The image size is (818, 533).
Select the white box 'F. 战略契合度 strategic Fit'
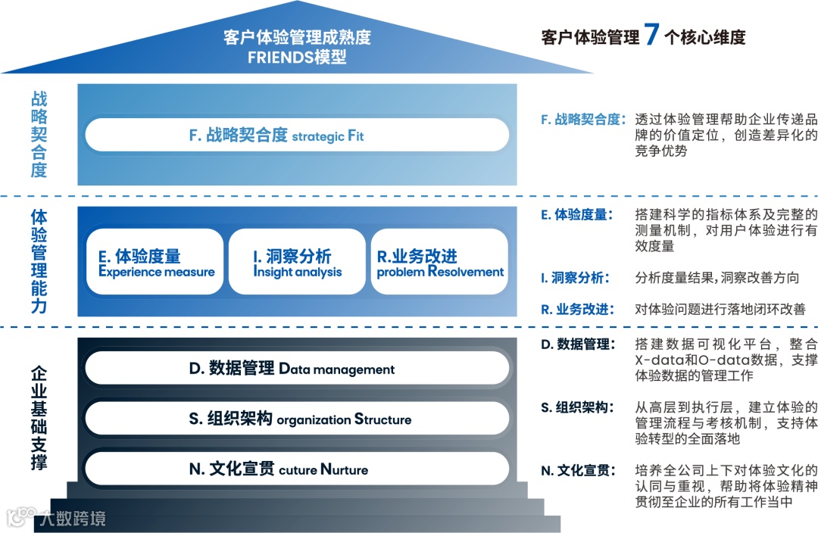click(297, 135)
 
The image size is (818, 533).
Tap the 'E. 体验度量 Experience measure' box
click(155, 262)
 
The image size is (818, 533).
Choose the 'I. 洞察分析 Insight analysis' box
click(298, 262)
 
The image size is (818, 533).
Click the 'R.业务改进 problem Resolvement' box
click(439, 262)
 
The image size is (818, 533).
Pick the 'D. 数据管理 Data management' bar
click(297, 369)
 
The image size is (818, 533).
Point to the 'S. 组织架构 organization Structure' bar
click(297, 419)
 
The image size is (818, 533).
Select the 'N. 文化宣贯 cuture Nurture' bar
click(297, 469)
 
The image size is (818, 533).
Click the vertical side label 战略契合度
click(39, 134)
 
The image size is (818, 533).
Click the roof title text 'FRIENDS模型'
click(297, 57)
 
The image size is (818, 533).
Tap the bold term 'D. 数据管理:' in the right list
click(576, 344)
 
